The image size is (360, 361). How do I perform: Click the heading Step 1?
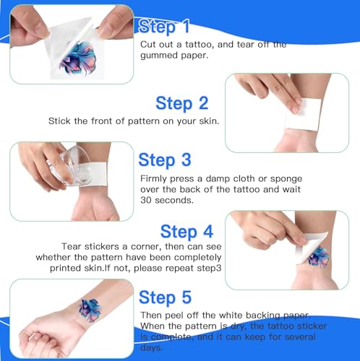[x=164, y=26]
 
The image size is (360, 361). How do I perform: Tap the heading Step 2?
[x=182, y=103]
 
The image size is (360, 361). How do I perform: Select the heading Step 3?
[x=165, y=160]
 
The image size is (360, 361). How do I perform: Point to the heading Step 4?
[x=187, y=232]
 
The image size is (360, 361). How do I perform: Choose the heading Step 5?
[x=166, y=297]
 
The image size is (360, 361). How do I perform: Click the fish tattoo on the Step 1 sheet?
[x=77, y=57]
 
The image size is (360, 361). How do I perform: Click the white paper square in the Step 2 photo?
[x=303, y=114]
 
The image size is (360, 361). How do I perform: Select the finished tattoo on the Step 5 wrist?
[x=90, y=310]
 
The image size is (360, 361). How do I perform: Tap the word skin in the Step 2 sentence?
[x=209, y=121]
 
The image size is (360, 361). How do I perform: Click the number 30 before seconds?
[x=146, y=200]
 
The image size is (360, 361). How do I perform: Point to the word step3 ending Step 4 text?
[x=209, y=269]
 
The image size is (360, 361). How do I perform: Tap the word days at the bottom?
[x=151, y=348]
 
